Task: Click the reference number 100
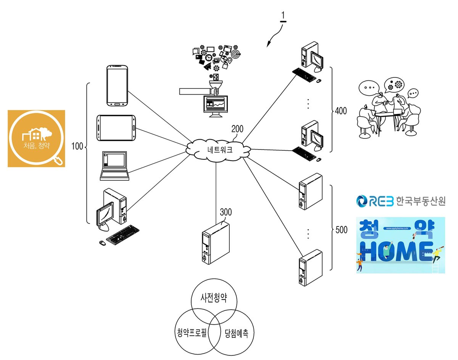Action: pos(77,146)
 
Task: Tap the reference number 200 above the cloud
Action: pos(237,129)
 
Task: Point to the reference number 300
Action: pos(226,212)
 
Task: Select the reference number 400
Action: pos(341,111)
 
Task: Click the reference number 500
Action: pos(341,230)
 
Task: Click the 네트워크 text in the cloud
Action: pos(220,150)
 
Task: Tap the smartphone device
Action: pos(117,86)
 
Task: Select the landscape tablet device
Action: pos(116,128)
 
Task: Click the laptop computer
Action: pos(114,166)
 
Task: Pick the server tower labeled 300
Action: pos(216,243)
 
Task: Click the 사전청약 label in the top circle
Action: pos(214,298)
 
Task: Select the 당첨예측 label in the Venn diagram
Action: pos(237,333)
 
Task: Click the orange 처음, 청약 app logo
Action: pos(36,138)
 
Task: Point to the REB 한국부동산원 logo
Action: pos(401,201)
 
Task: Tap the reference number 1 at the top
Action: pos(283,15)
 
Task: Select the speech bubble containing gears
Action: pos(394,85)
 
